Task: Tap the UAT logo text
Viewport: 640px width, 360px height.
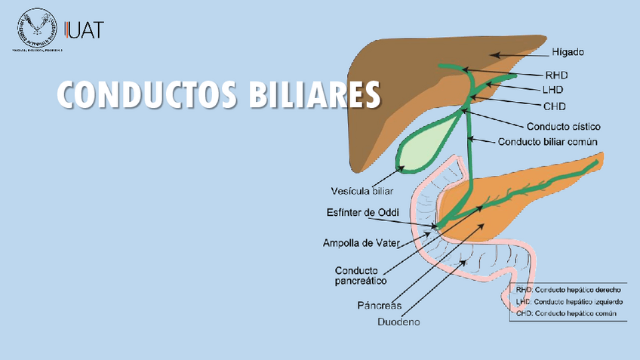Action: tap(86, 30)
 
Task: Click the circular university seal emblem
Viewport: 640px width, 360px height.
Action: tap(37, 29)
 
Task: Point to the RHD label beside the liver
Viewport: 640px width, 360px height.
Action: tap(556, 75)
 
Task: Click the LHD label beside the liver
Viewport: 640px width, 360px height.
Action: tap(555, 91)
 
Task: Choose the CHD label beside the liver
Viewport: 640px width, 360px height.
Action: tap(555, 106)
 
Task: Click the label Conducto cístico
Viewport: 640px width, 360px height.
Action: tap(563, 126)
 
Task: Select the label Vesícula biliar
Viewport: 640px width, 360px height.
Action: tap(362, 190)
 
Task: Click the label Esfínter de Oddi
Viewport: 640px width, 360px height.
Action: tap(362, 212)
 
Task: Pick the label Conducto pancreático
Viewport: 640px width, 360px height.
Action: tap(361, 275)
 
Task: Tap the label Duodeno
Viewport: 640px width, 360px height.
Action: tap(398, 322)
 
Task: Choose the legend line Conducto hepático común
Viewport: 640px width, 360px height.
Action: tap(567, 312)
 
